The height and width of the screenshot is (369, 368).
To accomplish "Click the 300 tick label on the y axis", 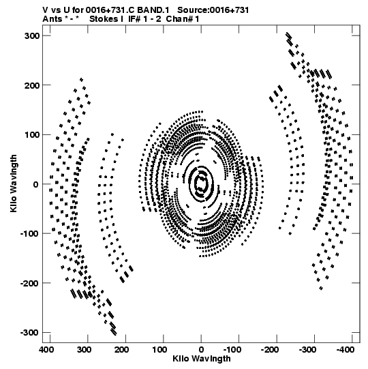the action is [32, 36].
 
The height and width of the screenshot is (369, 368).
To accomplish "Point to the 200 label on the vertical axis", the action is [32, 85].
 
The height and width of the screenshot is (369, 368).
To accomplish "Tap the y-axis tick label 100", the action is [32, 135].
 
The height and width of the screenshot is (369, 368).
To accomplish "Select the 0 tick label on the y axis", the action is [36, 184].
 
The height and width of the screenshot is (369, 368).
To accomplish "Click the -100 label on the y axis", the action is [30, 234].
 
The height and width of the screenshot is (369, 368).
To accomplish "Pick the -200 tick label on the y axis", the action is [30, 283].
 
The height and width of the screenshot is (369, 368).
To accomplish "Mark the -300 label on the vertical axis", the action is [30, 333].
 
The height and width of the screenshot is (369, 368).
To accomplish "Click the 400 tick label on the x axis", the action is [46, 350].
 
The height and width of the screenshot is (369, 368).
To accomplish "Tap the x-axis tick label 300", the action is [84, 350].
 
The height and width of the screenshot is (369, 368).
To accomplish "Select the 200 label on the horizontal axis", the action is [121, 350].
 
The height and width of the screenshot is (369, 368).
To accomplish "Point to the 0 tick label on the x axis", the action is [201, 350].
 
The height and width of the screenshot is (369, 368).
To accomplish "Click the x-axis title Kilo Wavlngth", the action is [202, 359].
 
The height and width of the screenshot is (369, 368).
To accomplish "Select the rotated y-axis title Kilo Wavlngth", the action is [14, 183].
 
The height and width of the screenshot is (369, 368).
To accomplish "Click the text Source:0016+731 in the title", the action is [213, 10].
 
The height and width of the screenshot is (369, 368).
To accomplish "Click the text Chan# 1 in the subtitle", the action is [183, 19].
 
